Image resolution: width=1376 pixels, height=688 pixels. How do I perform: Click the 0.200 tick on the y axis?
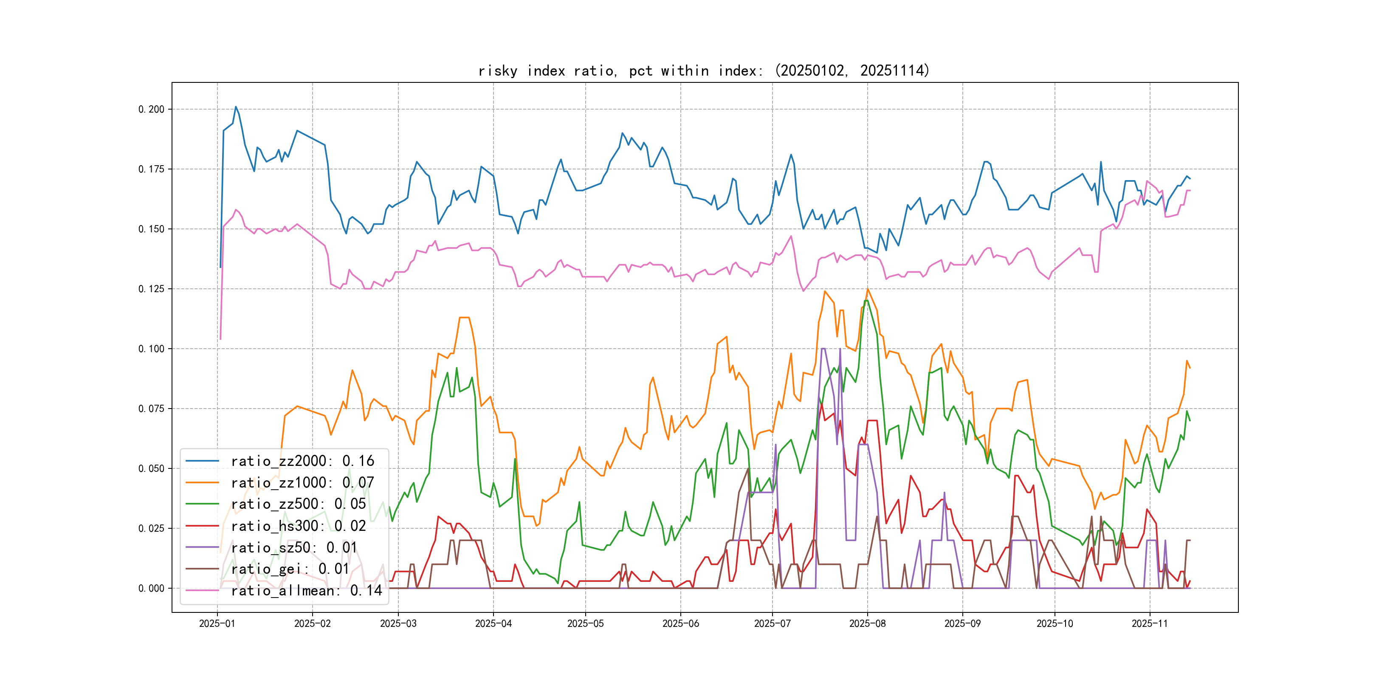tap(151, 110)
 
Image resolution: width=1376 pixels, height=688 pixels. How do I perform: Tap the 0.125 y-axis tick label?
tap(151, 289)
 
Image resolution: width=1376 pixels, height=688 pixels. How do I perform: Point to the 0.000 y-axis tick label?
tap(151, 589)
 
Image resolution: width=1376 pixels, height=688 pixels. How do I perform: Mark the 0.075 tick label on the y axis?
tap(151, 409)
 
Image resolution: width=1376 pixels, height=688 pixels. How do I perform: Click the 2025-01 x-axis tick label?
tap(217, 623)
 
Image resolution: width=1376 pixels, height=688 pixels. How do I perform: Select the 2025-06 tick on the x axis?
tap(680, 623)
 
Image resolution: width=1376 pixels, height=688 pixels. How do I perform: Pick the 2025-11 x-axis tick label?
tap(1150, 623)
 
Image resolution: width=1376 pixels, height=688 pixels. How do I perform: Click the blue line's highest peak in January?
tap(236, 107)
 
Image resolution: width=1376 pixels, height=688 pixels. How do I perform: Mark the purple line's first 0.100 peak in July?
tap(822, 349)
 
